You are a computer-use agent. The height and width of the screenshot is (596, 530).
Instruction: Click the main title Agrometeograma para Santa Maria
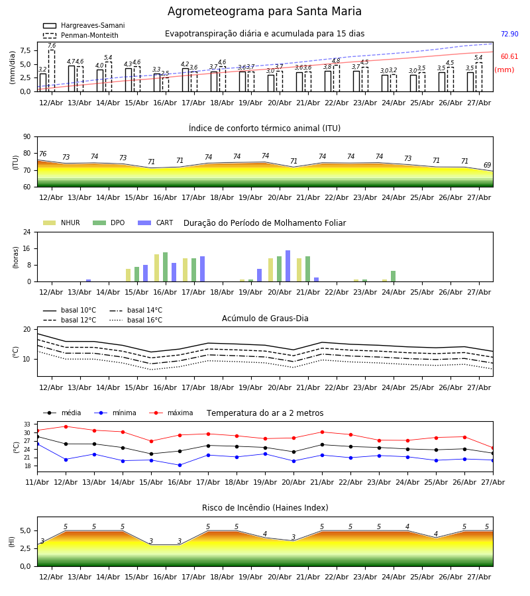click(x=264, y=11)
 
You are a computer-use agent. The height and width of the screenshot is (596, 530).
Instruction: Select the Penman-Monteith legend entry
click(x=81, y=35)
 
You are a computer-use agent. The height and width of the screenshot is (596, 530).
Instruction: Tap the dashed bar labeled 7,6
click(x=51, y=71)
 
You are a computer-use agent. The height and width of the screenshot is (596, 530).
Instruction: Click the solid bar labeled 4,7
click(x=72, y=79)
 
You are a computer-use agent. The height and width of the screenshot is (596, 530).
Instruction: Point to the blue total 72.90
click(x=509, y=34)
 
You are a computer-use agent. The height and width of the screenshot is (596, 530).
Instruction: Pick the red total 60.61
click(x=509, y=57)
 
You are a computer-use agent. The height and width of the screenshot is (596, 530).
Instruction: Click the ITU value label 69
click(x=487, y=165)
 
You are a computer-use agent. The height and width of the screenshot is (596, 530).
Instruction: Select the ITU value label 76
click(x=43, y=154)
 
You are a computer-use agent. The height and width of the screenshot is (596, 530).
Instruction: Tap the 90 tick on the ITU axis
click(x=27, y=137)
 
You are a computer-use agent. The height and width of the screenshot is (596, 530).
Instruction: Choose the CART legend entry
click(x=156, y=223)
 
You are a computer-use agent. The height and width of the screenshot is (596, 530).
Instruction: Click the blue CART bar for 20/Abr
click(x=288, y=266)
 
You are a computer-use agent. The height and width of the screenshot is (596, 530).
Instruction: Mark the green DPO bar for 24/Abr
click(x=393, y=276)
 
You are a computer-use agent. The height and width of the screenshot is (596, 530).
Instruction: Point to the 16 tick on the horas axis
click(x=27, y=248)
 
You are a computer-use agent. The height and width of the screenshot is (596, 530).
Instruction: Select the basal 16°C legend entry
click(x=136, y=320)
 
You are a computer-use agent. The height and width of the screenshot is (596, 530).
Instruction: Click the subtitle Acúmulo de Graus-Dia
click(x=265, y=318)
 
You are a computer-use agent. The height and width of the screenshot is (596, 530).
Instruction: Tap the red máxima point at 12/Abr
click(x=66, y=426)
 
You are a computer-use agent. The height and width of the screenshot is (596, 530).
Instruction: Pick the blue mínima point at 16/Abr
click(x=180, y=465)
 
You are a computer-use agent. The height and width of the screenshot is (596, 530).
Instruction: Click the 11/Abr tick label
click(x=37, y=482)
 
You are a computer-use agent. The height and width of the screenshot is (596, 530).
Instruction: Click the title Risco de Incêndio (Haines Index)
click(x=265, y=507)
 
